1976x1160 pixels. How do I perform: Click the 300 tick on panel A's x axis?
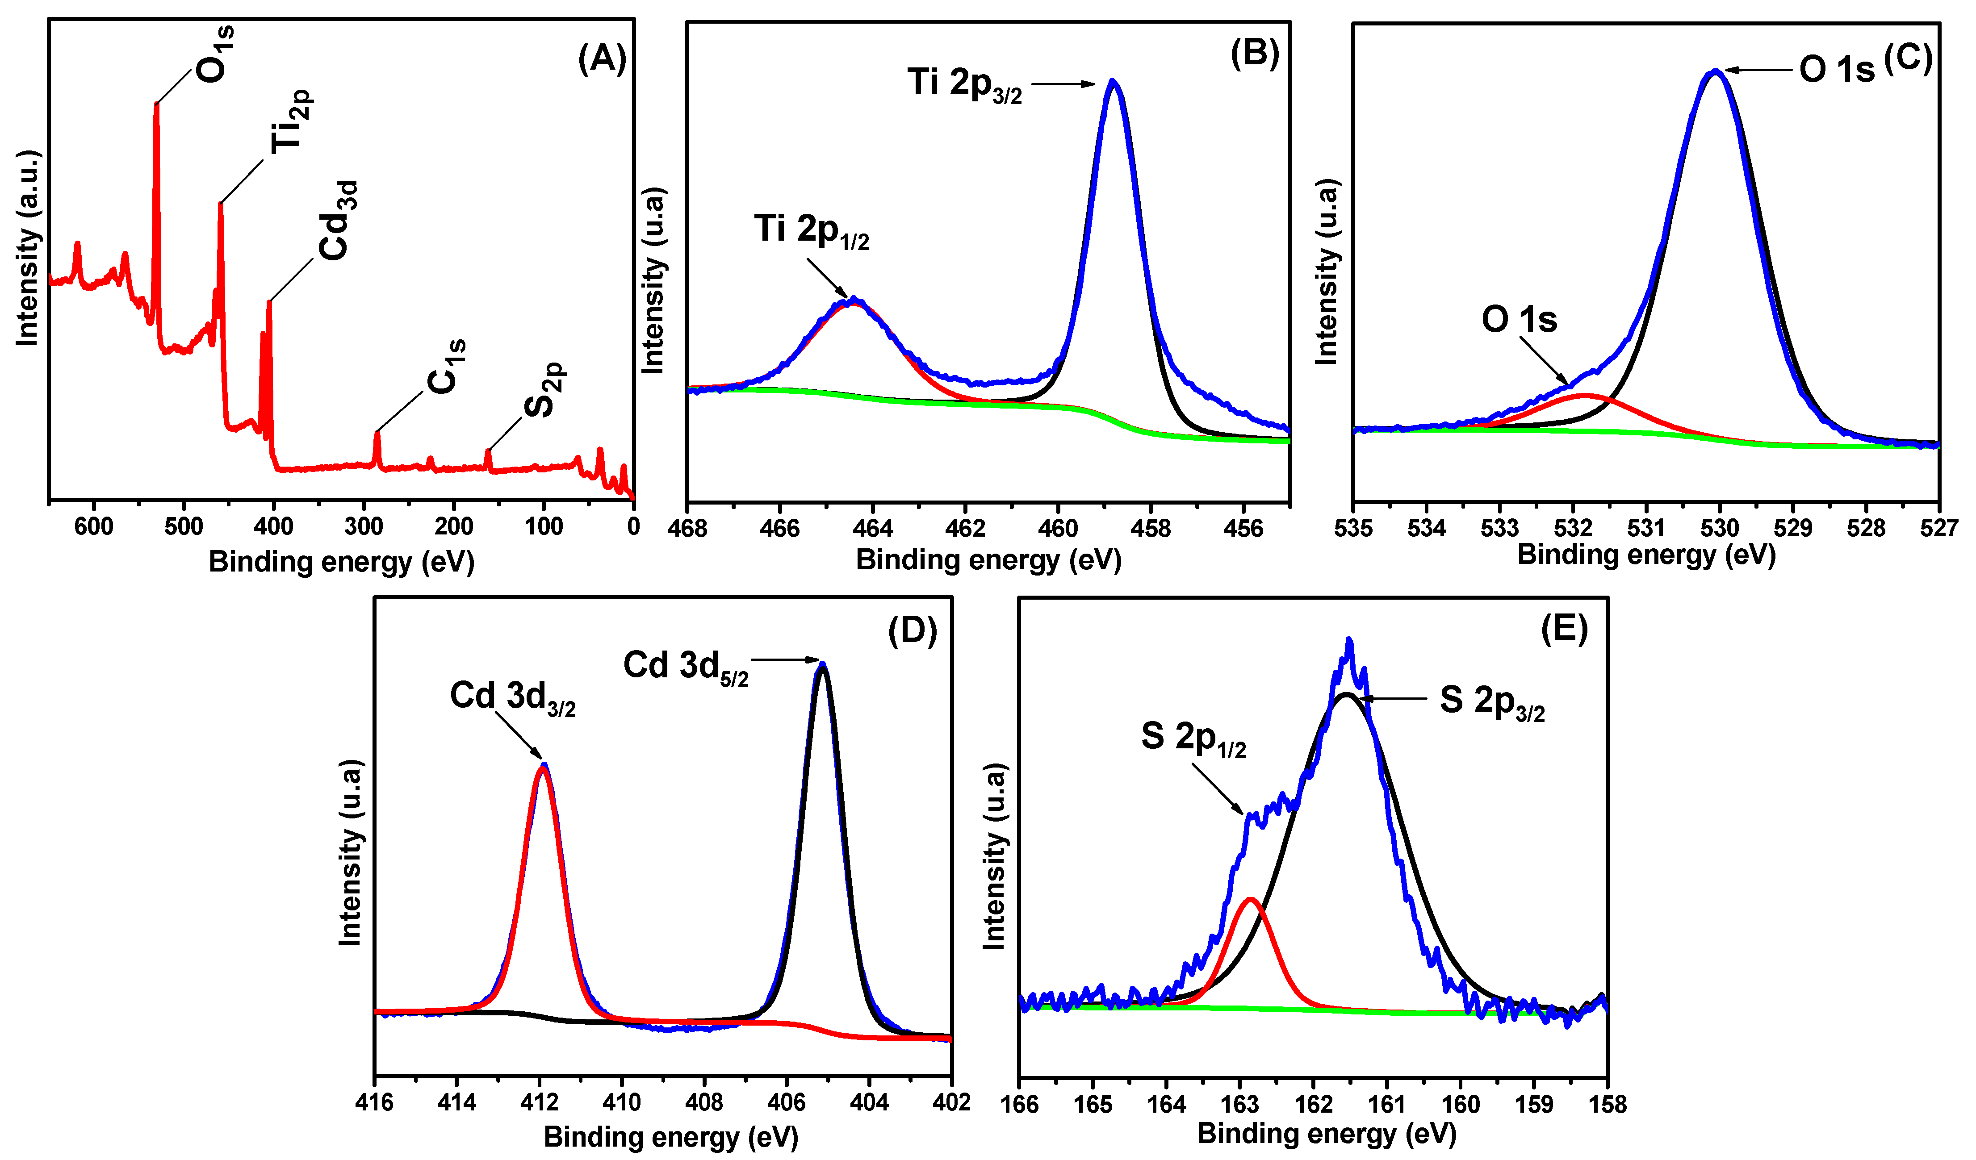(x=364, y=526)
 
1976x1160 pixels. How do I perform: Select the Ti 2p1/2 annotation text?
(x=812, y=231)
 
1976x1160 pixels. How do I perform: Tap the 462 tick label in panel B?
(x=965, y=529)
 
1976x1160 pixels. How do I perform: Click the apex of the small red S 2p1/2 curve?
(x=1251, y=899)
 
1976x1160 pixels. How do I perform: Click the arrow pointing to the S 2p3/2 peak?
(x=1392, y=698)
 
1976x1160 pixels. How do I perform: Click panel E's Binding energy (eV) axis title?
(x=1326, y=1133)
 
